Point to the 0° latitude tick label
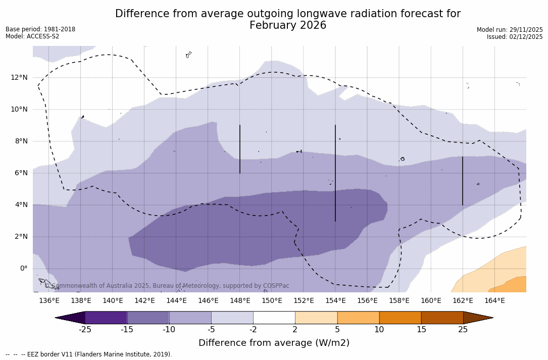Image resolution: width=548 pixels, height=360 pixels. coord(24,268)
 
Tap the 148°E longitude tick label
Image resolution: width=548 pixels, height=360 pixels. coord(240,301)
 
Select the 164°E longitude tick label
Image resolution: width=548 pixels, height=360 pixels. coord(494,301)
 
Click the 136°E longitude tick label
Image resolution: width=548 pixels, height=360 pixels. coord(49,301)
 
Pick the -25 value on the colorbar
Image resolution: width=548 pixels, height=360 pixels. coord(85,330)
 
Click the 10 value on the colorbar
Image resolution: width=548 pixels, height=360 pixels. coord(379,330)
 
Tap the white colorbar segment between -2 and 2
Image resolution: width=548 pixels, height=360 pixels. coord(274,318)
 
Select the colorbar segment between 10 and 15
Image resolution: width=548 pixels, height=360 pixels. coord(400,318)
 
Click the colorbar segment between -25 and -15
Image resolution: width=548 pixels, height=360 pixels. coord(106,318)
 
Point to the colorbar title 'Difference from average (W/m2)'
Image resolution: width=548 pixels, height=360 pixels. coord(274,343)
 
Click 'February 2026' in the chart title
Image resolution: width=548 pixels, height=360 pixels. coord(288,26)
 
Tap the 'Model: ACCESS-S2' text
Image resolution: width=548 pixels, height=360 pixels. coord(32,36)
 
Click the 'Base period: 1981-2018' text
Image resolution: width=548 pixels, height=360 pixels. coord(40,29)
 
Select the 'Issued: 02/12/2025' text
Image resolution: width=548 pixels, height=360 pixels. coord(515,37)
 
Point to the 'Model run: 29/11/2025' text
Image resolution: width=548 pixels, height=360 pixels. coord(510,30)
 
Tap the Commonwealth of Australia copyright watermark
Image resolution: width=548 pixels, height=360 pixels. coord(167,286)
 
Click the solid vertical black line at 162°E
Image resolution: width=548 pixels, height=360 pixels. coord(463,181)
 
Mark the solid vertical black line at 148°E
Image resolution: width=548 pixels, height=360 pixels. coord(240,149)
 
